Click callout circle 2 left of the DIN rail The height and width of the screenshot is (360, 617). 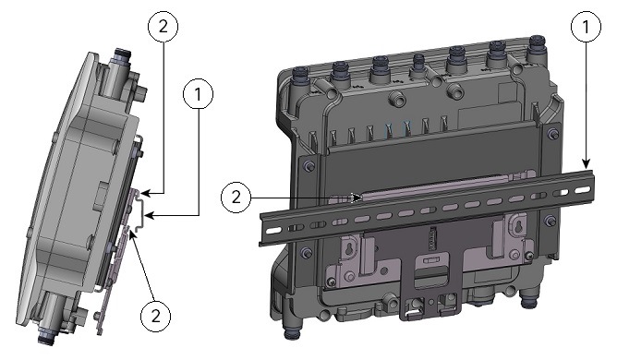[x=236, y=196]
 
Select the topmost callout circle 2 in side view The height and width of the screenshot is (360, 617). [x=163, y=30]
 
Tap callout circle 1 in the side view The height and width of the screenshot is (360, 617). [x=200, y=94]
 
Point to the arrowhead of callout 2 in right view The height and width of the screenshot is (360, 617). [x=359, y=197]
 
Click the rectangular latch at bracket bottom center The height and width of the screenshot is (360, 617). [x=427, y=277]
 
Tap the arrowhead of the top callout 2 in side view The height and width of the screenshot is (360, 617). [x=147, y=194]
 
